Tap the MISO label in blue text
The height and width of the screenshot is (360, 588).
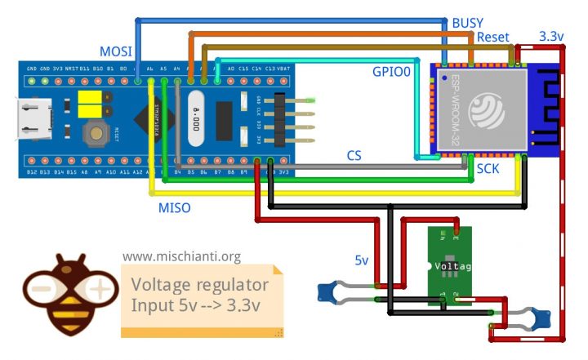(174, 208)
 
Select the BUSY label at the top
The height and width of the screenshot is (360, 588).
(468, 24)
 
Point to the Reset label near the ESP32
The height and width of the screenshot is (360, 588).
(493, 38)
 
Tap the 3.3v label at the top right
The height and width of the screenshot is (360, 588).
(555, 37)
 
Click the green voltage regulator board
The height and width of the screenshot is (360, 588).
(451, 266)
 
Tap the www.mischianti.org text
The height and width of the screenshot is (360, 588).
(181, 256)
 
